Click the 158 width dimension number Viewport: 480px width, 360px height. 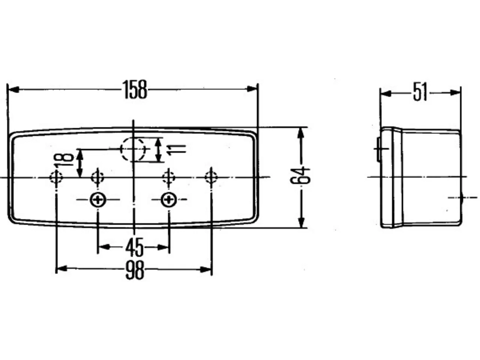coord(135,89)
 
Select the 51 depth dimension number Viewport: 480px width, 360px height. coord(420,91)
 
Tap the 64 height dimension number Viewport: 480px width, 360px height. coord(300,175)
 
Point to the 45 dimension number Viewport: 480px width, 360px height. coord(134,247)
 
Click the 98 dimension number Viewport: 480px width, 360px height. coord(135,270)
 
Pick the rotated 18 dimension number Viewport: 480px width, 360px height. coord(64,160)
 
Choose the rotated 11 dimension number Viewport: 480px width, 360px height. coord(176,150)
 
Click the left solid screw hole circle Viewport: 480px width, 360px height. coord(98,199)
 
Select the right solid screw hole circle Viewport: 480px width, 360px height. coord(169,199)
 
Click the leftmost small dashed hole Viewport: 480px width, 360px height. coord(56,177)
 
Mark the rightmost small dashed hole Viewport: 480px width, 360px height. coord(211,177)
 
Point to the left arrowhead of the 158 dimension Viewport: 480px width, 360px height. coord(13,90)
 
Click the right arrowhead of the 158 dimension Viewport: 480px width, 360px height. coord(252,89)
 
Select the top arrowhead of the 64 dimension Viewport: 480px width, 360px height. coord(301,133)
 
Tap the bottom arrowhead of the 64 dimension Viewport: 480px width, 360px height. coord(301,222)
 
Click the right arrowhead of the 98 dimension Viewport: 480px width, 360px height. coord(206,270)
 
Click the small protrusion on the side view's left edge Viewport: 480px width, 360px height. coord(378,149)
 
